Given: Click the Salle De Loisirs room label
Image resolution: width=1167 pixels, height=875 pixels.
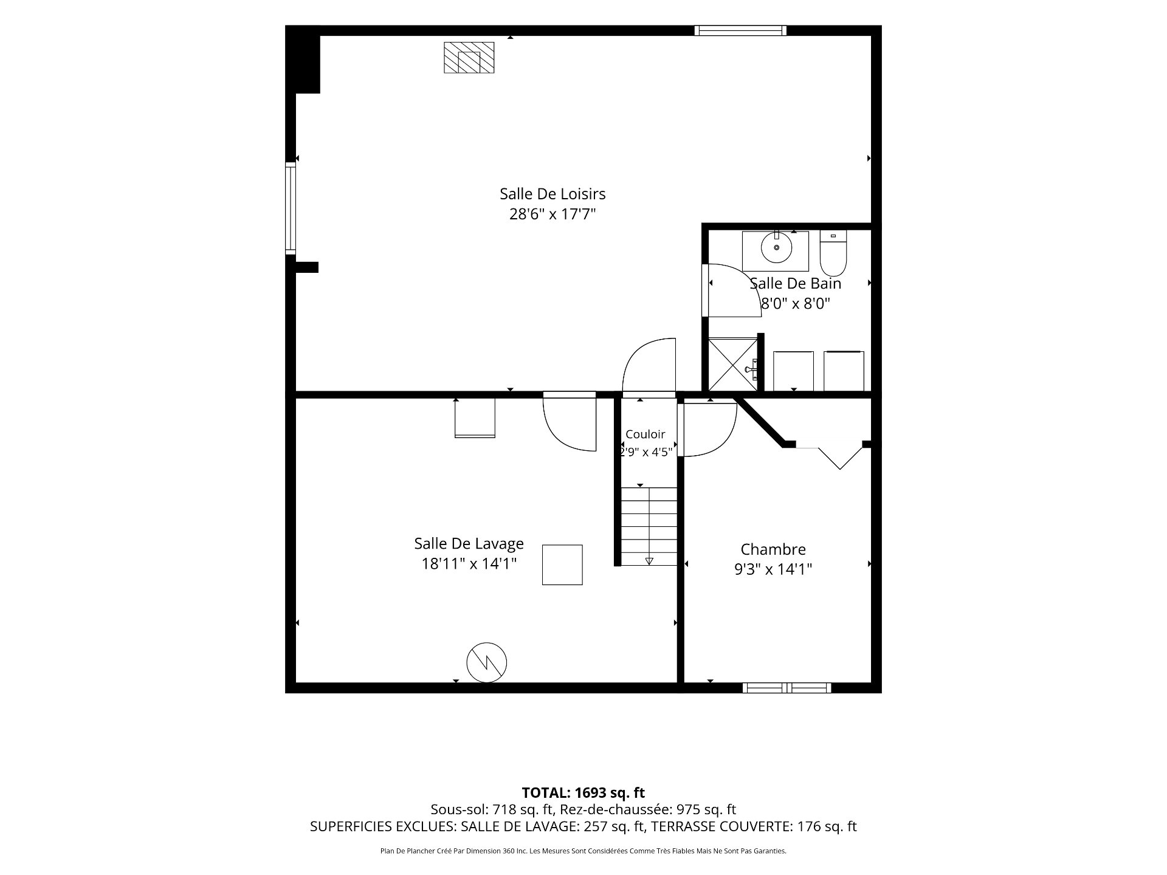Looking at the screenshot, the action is pos(553,194).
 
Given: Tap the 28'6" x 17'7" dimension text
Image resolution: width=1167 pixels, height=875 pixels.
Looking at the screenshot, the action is pos(553,214).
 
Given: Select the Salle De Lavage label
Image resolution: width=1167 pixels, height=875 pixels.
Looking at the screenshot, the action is pos(469,543).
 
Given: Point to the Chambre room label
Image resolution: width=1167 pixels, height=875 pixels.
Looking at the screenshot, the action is pos(773,549).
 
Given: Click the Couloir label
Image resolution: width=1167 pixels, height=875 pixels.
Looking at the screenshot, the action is pos(645,434).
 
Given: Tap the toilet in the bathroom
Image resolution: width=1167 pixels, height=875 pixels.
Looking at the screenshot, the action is pos(833,253).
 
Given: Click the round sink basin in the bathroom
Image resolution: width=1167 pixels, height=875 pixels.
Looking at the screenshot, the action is pos(777,247).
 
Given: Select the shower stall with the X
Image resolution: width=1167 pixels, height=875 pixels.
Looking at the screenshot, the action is pos(733,364).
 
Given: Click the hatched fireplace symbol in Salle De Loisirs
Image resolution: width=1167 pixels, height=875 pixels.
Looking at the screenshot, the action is pos(469,58).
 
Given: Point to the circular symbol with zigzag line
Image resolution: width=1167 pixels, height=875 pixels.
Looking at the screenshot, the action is pos(486,662).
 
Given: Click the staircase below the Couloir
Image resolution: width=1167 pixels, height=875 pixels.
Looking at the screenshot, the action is pos(649,526).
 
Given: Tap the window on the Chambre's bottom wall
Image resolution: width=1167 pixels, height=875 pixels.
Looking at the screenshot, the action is pos(787,688).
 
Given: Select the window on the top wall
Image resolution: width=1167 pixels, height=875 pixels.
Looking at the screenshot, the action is pos(741,30).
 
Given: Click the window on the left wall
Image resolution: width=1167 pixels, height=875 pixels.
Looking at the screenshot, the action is pos(291,208).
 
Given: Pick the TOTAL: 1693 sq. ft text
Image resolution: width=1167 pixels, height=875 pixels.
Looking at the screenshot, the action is pos(583,792).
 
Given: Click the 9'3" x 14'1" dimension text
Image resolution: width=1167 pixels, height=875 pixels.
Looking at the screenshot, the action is pos(773,569).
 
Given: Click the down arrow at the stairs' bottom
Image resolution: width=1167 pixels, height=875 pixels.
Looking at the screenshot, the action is pos(649,561).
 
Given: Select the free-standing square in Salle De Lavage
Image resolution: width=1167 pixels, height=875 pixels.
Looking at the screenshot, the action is pos(562,564).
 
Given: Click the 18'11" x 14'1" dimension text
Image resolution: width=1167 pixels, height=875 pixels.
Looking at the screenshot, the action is pos(469,564).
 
